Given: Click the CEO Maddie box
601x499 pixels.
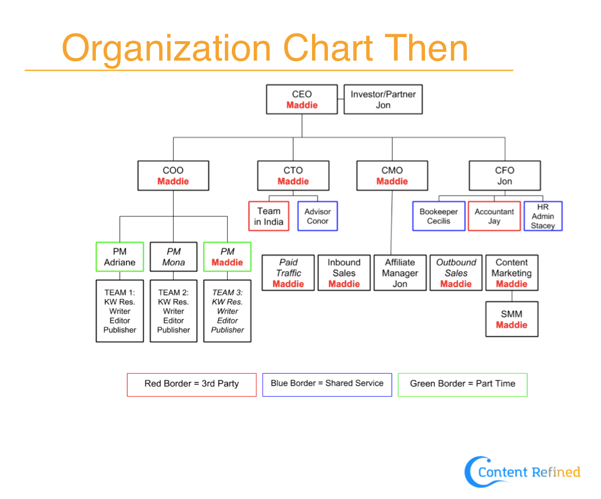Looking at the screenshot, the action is [x=302, y=99].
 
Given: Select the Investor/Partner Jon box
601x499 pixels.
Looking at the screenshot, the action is [x=383, y=99].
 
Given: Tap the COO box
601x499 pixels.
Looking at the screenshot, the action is [x=173, y=175].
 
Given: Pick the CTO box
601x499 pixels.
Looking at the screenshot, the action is [x=293, y=175].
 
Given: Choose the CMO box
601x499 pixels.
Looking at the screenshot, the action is [x=392, y=175].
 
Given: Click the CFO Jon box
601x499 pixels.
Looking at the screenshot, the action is [x=505, y=175].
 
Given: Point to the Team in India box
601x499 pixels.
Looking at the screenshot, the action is [x=268, y=216].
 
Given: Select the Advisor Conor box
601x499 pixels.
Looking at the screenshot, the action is [x=318, y=216].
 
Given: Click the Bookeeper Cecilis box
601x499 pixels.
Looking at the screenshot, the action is [x=439, y=216].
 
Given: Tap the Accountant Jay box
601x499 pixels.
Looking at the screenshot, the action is [x=494, y=216].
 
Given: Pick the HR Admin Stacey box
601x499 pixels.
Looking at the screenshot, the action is [x=543, y=216].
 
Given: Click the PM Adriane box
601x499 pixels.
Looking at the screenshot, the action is [x=120, y=257].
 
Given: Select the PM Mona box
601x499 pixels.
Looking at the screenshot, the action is [x=174, y=257].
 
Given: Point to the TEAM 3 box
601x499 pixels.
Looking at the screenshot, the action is [x=227, y=311].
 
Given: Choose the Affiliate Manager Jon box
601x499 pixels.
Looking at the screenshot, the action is [x=400, y=273].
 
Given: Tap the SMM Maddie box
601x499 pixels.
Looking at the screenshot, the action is [x=512, y=320].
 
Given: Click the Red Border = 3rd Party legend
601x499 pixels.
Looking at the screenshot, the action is [x=192, y=385].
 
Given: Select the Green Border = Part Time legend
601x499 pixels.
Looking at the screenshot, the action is [x=463, y=385].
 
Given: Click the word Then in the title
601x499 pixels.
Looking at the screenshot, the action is [x=426, y=48].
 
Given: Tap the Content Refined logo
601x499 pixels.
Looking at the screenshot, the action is [x=523, y=472].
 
